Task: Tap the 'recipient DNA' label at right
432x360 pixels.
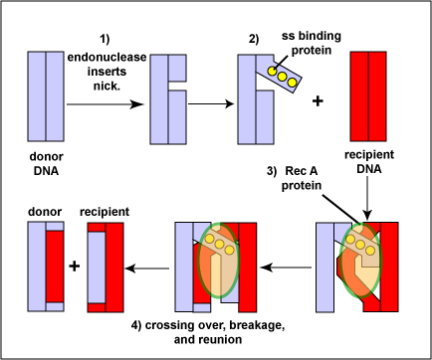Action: coord(369,164)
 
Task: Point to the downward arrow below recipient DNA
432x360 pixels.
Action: coord(369,200)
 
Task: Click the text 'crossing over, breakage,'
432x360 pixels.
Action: coord(214,325)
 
